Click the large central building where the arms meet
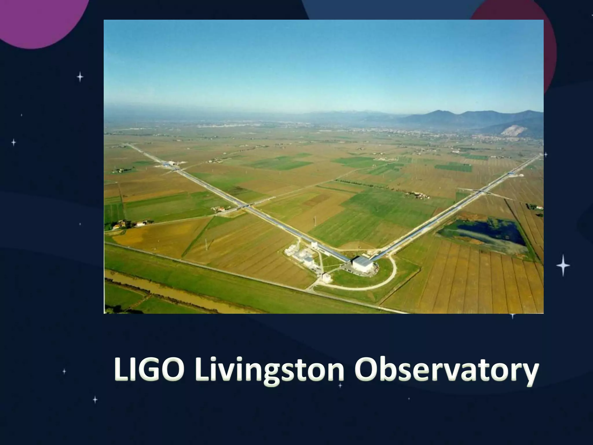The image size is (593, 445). pyautogui.click(x=362, y=263)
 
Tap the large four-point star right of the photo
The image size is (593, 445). pyautogui.click(x=563, y=265)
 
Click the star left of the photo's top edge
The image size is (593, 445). pyautogui.click(x=80, y=77)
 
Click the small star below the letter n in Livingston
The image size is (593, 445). pyautogui.click(x=340, y=385)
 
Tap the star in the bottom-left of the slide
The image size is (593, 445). pyautogui.click(x=95, y=400)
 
